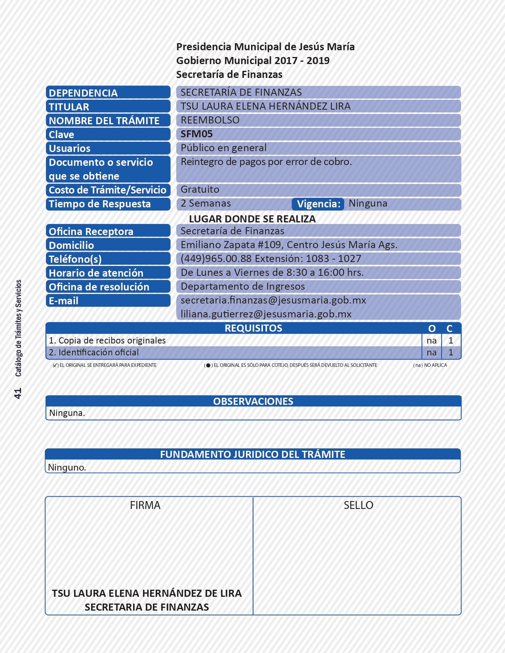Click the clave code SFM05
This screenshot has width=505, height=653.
[196, 134]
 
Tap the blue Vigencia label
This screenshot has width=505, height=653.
[318, 204]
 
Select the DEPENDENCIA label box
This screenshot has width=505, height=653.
[108, 93]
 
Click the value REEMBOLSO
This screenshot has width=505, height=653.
[210, 120]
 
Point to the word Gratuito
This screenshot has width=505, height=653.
[200, 190]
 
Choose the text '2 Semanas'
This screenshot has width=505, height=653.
[206, 203]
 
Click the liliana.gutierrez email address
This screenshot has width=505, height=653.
[266, 314]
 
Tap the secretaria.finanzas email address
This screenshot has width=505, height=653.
[273, 300]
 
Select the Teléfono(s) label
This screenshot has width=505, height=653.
[75, 259]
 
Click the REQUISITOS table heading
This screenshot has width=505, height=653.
[253, 328]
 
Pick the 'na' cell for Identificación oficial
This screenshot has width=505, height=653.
[431, 353]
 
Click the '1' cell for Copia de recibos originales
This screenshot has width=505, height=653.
[450, 340]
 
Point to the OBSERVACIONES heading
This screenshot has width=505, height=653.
[253, 401]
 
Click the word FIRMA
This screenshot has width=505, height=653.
[145, 505]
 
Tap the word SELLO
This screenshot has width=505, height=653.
[358, 505]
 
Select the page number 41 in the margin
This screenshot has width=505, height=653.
[18, 393]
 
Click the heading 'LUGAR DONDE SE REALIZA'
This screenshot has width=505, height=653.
[252, 219]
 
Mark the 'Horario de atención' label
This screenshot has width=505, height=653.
[96, 273]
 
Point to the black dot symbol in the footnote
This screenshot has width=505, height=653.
[208, 365]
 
